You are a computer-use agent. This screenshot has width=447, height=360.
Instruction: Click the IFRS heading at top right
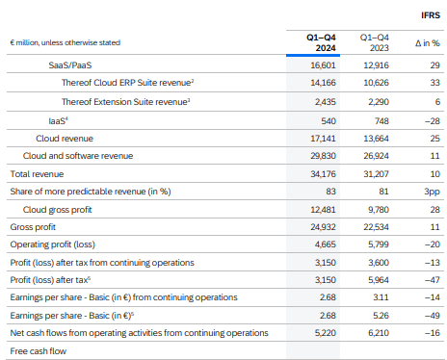pyautogui.click(x=431, y=15)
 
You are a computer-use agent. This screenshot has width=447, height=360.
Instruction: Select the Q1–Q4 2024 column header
pyautogui.click(x=321, y=42)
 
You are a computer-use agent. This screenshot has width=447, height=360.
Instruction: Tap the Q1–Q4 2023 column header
pyautogui.click(x=374, y=42)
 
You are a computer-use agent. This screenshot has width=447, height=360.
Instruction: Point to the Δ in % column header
pyautogui.click(x=428, y=43)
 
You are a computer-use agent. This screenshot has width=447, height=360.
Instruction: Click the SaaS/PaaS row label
pyautogui.click(x=70, y=65)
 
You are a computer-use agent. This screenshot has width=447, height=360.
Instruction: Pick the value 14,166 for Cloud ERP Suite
pyautogui.click(x=323, y=83)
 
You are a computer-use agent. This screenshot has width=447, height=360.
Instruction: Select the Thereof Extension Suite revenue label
pyautogui.click(x=125, y=102)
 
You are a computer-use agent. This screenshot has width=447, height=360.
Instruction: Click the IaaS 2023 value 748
pyautogui.click(x=381, y=121)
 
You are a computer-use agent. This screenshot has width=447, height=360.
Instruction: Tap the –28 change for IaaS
pyautogui.click(x=433, y=121)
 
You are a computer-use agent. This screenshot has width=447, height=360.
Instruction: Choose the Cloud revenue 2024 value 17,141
pyautogui.click(x=323, y=139)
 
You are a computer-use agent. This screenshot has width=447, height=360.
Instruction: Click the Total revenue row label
pyautogui.click(x=37, y=174)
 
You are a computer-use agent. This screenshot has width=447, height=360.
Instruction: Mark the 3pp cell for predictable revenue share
pyautogui.click(x=432, y=192)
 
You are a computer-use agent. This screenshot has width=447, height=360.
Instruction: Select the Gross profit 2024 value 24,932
pyautogui.click(x=323, y=227)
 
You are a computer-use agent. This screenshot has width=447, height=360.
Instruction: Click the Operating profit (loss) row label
pyautogui.click(x=53, y=244)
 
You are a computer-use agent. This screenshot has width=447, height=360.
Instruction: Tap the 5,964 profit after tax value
pyautogui.click(x=379, y=280)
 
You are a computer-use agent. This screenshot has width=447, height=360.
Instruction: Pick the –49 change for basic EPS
pyautogui.click(x=433, y=316)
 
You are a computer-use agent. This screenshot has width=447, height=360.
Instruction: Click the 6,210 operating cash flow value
pyautogui.click(x=379, y=333)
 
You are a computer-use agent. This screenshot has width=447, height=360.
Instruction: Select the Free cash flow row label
pyautogui.click(x=39, y=351)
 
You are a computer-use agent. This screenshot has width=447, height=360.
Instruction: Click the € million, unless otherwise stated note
pyautogui.click(x=66, y=42)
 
